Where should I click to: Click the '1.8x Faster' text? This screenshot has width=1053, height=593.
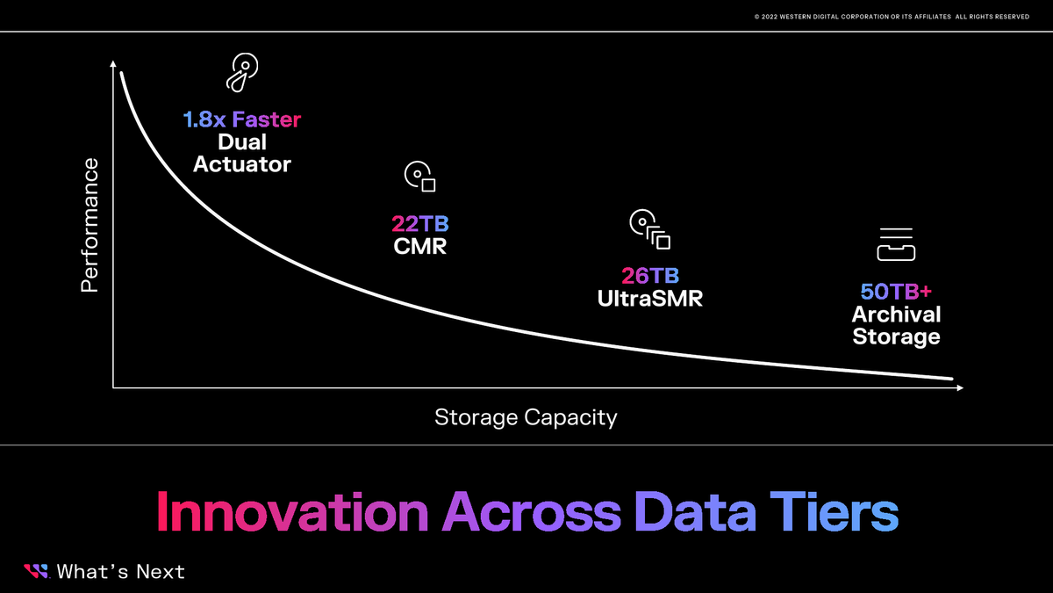241,119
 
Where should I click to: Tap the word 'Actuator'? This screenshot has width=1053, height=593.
241,163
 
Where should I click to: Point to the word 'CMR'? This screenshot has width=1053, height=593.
419,246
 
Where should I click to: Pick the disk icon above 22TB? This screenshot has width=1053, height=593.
419,177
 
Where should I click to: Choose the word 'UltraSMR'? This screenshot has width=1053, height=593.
650,298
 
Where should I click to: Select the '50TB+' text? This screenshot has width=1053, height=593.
896,292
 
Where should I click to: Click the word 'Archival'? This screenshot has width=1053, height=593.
896,315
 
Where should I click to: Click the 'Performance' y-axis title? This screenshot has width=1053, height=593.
90,226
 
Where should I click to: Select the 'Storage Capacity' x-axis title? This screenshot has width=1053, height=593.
526,417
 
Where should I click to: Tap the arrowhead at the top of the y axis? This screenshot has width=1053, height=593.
113,63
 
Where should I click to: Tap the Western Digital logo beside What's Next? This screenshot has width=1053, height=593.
36,572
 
